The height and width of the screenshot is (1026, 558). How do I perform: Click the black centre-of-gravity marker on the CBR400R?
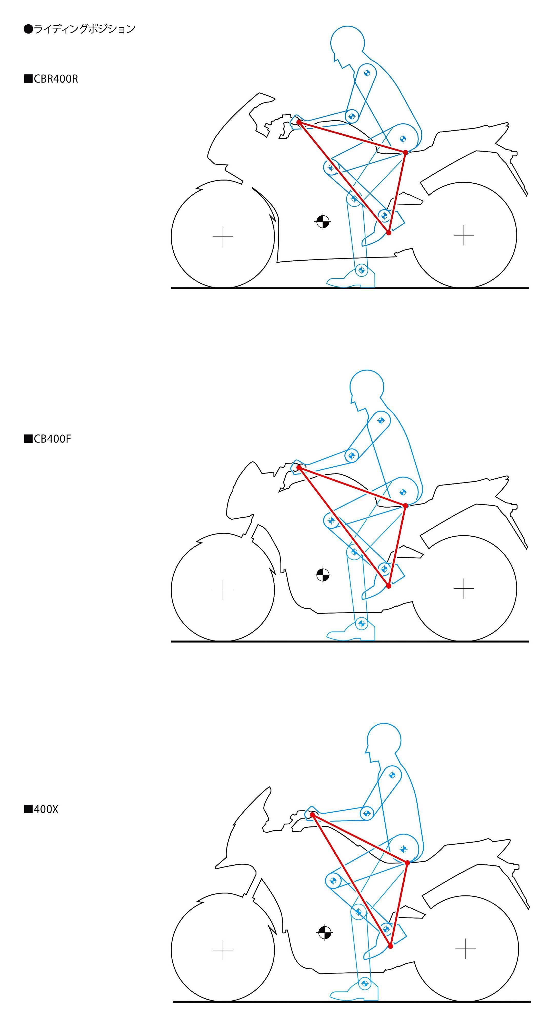(323, 221)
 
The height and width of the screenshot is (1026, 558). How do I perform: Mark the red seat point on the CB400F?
(405, 506)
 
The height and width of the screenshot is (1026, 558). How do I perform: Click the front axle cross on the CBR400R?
(223, 236)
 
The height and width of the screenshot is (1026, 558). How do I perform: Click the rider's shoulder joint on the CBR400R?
(367, 73)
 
